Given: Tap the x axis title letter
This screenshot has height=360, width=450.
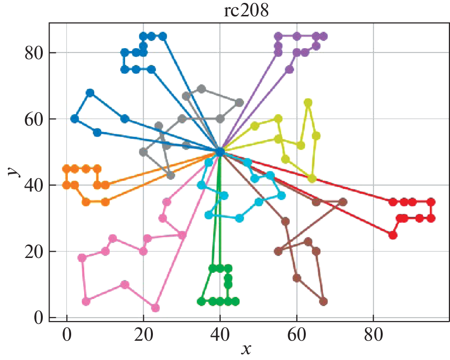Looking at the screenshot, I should (246, 349).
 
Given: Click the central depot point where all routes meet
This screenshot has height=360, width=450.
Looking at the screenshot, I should (220, 152).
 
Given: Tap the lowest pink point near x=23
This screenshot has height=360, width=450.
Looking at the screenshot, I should (155, 308).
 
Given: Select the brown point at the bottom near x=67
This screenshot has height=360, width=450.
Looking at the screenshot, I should (324, 301).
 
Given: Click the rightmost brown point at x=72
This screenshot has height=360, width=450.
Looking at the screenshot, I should (343, 202).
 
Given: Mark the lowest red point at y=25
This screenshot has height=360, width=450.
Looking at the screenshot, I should (393, 235).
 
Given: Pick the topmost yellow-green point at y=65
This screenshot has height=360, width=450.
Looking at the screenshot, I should (308, 103).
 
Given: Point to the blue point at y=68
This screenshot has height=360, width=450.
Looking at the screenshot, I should (90, 92).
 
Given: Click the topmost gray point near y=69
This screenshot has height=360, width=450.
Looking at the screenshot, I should (201, 89).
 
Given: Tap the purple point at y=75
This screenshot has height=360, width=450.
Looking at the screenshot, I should (289, 69).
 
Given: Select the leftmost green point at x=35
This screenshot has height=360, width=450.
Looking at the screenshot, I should (201, 301).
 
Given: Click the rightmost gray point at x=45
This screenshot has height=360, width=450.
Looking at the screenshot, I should (239, 103).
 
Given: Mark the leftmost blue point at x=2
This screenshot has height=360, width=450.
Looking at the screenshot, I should (75, 119).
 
